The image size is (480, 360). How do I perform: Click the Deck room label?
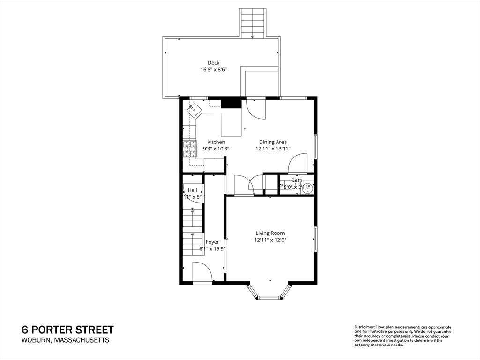coord(213,63)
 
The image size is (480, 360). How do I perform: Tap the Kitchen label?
coord(216,142)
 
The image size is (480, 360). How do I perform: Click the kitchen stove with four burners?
coord(189,149)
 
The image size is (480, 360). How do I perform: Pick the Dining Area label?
coord(273,142)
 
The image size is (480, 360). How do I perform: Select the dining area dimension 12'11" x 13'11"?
coord(273,149)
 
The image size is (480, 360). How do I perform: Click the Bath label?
coord(297,180)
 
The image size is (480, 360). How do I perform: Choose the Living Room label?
coord(270,233)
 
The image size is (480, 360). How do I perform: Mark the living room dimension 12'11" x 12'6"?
coord(270,240)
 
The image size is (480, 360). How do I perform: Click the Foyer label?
coord(212,242)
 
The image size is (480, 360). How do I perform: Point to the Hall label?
coord(192,190)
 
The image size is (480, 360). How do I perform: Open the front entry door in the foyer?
coord(202,273)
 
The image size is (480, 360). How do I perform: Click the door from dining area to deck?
coord(256,108)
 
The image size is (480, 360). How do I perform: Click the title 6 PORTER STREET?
coord(67,330)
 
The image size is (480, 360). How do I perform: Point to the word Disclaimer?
coord(364,327)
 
